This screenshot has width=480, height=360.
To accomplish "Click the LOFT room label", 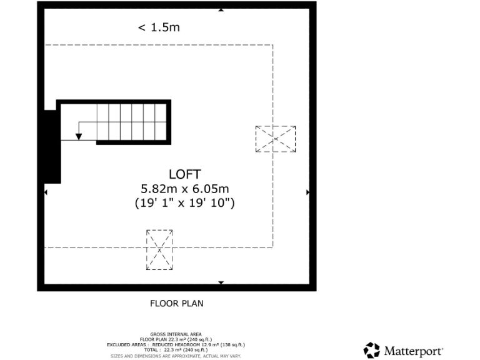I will point(184,174).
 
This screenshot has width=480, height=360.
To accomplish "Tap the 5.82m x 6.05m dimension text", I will point(184,189).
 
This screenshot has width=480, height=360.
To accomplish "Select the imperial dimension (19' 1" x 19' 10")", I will point(184,202).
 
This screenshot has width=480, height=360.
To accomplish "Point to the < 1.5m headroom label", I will point(159,27).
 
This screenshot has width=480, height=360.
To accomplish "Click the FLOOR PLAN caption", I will point(177,304).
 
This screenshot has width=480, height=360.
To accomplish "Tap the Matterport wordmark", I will point(413,351).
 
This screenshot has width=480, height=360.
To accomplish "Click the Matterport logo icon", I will point(372,350).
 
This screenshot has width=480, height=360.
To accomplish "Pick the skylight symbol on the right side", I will point(275,139).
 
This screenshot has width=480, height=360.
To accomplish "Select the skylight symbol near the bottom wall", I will point(159,249).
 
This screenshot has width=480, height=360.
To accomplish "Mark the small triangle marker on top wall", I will point(221,10).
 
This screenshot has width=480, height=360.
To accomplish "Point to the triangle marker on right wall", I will point(307,192).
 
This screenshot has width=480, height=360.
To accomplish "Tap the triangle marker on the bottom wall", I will point(221,283).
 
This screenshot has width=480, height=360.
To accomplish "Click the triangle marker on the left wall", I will point(45,192).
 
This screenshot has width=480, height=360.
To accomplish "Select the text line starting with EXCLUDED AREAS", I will point(176,345).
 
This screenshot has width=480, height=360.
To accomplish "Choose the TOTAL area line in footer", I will point(176,350).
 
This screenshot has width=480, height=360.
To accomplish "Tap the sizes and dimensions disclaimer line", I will point(176,356).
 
